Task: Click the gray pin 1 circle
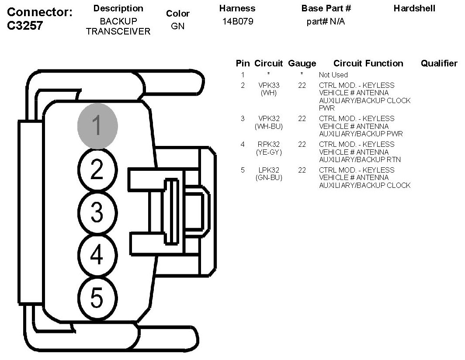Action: click(97, 126)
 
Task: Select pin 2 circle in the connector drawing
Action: click(97, 170)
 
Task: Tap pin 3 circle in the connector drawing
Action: click(97, 213)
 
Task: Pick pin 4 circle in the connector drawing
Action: click(97, 255)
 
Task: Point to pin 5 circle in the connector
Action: click(97, 298)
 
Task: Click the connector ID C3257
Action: click(25, 26)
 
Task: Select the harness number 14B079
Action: click(237, 21)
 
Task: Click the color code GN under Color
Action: click(178, 26)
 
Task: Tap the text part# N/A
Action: click(326, 21)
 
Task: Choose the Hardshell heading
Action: click(414, 8)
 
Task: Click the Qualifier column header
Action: click(439, 63)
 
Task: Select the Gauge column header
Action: click(302, 63)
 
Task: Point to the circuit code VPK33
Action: click(269, 85)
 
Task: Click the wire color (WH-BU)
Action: click(269, 126)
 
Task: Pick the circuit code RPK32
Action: click(269, 144)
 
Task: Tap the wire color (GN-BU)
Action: click(269, 178)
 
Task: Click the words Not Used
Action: click(333, 75)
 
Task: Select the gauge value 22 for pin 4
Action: click(302, 144)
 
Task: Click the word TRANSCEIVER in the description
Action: click(118, 31)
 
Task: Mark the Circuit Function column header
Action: click(368, 63)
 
